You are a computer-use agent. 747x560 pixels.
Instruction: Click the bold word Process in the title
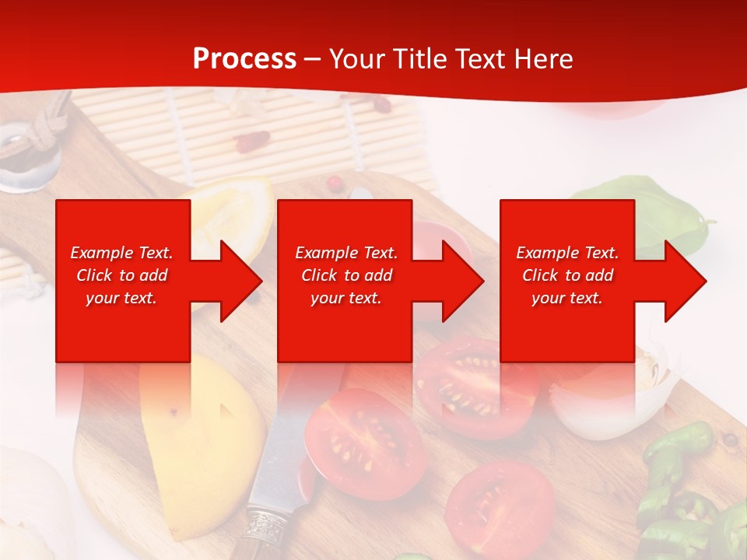tap(244, 59)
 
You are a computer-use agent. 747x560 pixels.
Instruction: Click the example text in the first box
tap(121, 275)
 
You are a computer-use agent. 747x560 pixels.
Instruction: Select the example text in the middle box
tap(345, 275)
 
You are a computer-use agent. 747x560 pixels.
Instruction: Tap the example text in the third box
tap(567, 275)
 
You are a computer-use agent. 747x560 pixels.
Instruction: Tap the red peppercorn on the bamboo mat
tap(252, 142)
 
